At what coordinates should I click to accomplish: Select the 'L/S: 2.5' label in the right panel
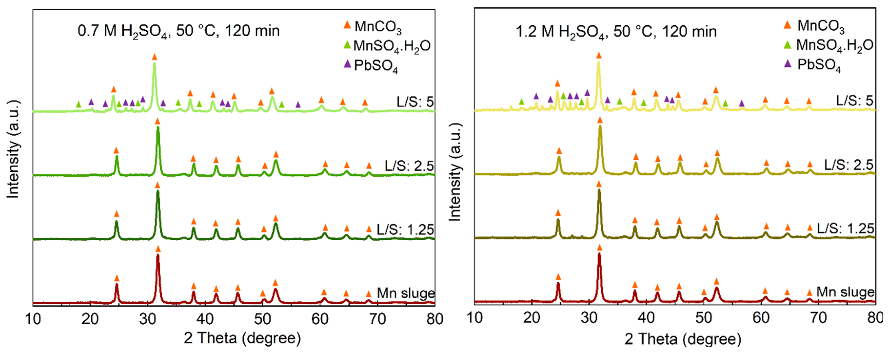click(x=848, y=165)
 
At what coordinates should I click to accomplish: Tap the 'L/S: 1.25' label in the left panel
click(x=405, y=230)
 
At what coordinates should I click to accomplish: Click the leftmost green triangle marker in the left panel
click(x=78, y=104)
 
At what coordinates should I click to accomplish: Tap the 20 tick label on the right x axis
click(x=531, y=318)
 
